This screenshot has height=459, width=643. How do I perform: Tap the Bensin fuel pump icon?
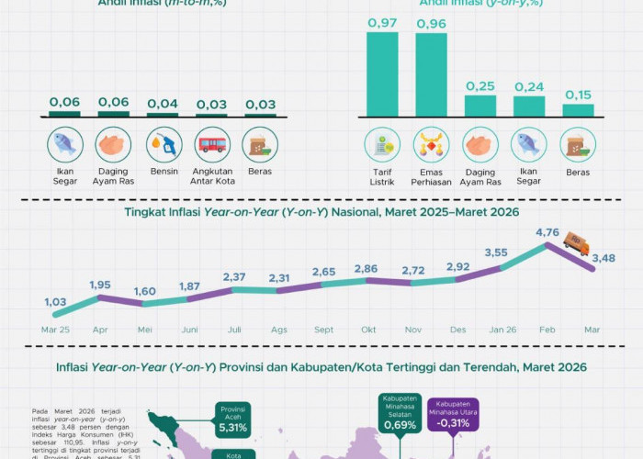[x=164, y=144]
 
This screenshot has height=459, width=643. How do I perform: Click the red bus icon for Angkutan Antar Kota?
[x=212, y=144]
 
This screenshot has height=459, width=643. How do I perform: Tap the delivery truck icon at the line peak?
[x=577, y=243]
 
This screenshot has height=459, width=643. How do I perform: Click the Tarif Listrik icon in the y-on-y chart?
[x=381, y=144]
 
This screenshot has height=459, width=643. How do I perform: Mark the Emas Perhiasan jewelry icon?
[x=430, y=144]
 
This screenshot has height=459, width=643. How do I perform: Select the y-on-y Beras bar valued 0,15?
[x=578, y=110]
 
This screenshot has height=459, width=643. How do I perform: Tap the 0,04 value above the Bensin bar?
[x=164, y=103]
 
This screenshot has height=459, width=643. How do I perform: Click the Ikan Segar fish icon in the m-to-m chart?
[x=65, y=144]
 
